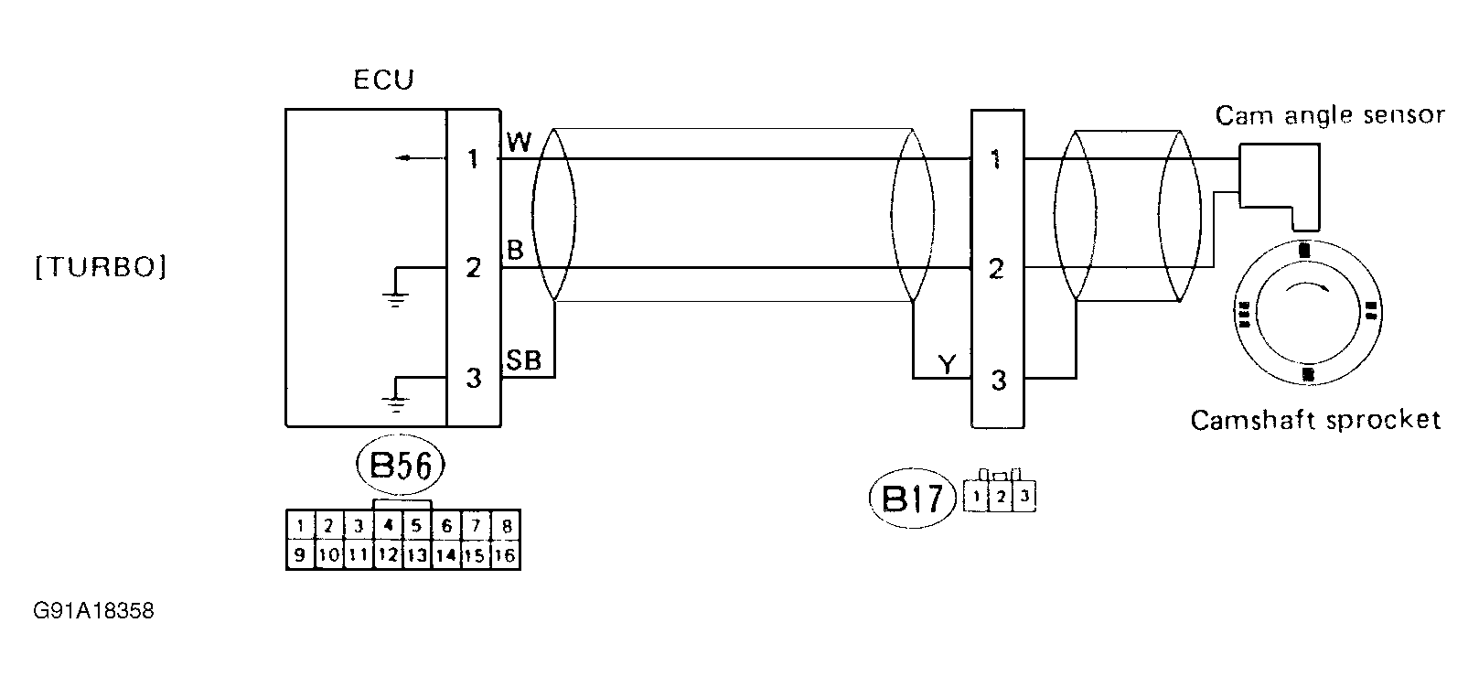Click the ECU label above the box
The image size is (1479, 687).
coord(383,81)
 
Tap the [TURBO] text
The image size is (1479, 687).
coord(101,268)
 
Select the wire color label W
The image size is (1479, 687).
coord(519,142)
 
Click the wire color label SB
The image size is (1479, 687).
coord(524,361)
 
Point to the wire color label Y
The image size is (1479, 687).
coord(947,366)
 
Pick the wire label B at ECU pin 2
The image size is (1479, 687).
coord(515,252)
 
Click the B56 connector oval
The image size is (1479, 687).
coord(400,467)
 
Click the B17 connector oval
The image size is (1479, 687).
coord(911,499)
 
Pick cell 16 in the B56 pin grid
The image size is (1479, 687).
coord(504,555)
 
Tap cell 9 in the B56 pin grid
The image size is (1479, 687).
coord(299,555)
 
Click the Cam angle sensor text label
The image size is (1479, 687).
coord(1329,116)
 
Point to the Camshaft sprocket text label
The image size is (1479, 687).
coord(1314,420)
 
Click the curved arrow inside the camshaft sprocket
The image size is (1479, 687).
coord(1306,290)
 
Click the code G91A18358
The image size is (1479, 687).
coord(93,611)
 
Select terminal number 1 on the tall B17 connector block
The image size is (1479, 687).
coord(997,160)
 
